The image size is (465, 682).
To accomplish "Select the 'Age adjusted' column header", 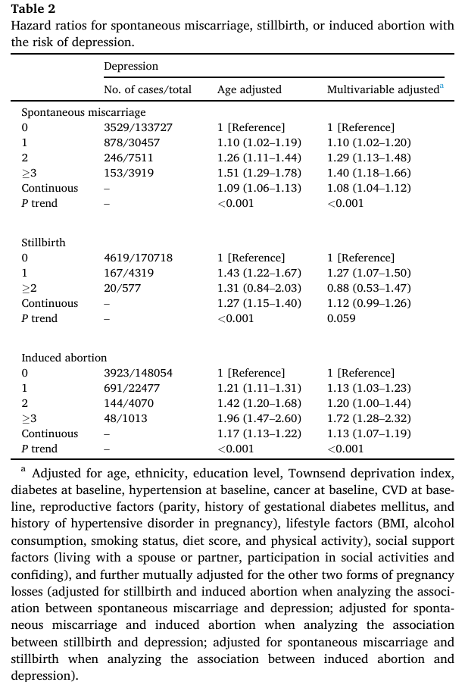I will coord(249,89).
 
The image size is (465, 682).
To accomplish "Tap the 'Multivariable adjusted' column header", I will coord(382,89).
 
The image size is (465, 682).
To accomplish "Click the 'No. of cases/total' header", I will coord(148,89).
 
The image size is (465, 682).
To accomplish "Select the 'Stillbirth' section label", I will coord(43,242).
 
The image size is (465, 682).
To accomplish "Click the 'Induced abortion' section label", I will coord(64,358).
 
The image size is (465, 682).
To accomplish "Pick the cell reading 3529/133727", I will coord(138,127).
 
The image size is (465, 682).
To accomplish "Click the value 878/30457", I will coord(133,142).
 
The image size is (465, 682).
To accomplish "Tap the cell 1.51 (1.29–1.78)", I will coord(259,173).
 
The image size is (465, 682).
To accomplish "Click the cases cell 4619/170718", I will coord(138,258).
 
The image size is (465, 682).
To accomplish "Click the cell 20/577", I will coord(122,288).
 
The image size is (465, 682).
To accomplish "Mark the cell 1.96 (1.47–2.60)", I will coord(259,418).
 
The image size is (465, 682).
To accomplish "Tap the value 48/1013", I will coord(126,418).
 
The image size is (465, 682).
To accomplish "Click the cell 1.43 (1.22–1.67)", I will coord(259,273).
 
